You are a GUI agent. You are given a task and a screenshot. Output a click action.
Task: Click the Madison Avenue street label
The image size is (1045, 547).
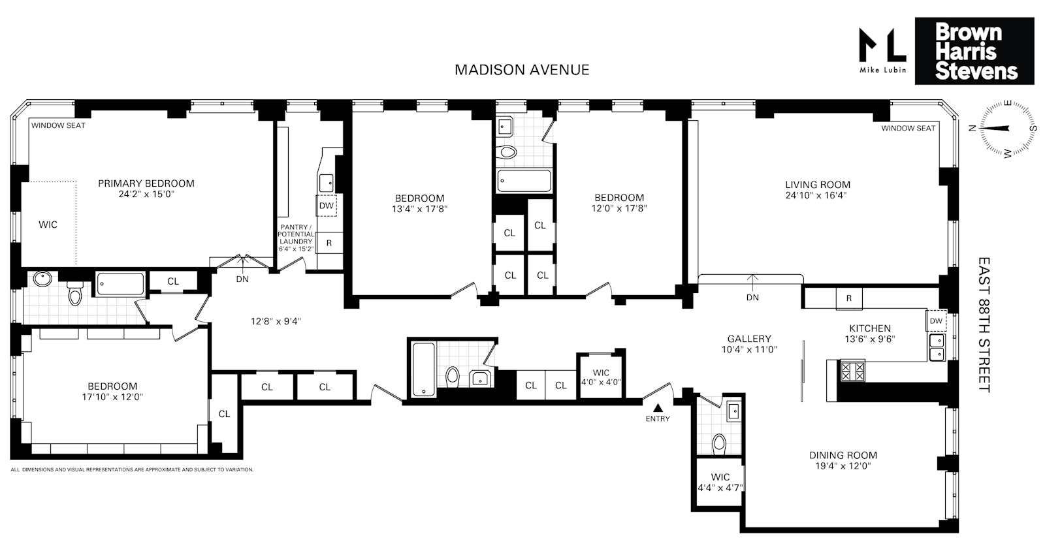(x=522, y=70)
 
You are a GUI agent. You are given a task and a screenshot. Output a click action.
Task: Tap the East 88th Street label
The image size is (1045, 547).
(x=984, y=324)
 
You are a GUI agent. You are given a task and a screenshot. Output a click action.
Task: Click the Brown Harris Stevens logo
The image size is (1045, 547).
(x=974, y=51)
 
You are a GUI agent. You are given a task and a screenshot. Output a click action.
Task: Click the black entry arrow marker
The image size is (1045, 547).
(x=658, y=407)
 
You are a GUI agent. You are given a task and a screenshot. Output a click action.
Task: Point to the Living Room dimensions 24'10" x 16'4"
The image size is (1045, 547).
(x=818, y=195)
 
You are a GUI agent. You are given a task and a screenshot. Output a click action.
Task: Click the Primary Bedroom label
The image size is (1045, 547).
(x=146, y=183)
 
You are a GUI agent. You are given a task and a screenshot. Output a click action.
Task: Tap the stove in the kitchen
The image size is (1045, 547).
(x=852, y=371)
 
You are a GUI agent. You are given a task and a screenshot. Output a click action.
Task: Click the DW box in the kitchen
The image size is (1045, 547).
(x=936, y=320)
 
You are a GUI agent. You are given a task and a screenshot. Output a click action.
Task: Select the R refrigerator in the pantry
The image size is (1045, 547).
(x=329, y=243)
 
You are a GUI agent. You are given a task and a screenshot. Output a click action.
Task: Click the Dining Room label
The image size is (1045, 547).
(x=843, y=456)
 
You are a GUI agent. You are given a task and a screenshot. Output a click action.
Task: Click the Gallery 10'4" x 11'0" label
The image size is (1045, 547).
(x=750, y=344)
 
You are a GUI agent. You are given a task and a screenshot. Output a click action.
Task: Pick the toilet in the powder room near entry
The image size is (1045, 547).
(x=719, y=444)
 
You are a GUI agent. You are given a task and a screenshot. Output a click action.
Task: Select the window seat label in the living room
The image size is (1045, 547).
(x=908, y=128)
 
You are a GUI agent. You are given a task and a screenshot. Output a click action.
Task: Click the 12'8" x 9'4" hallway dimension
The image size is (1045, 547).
(x=276, y=321)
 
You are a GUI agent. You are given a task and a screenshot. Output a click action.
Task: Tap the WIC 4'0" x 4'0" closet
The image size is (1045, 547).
(x=600, y=377)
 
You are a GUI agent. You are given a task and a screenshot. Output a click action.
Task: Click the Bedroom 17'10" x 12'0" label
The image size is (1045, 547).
(x=112, y=391)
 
